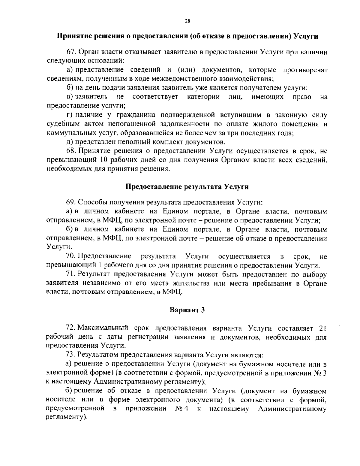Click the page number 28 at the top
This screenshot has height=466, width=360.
[187, 21]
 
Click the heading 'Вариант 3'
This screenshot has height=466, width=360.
[187, 310]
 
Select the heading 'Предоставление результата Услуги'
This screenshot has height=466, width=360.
[187, 187]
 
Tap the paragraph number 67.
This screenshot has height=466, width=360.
[70, 52]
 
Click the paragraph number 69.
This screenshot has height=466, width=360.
[70, 202]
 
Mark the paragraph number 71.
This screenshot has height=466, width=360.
[70, 274]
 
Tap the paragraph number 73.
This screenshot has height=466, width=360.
[70, 355]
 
